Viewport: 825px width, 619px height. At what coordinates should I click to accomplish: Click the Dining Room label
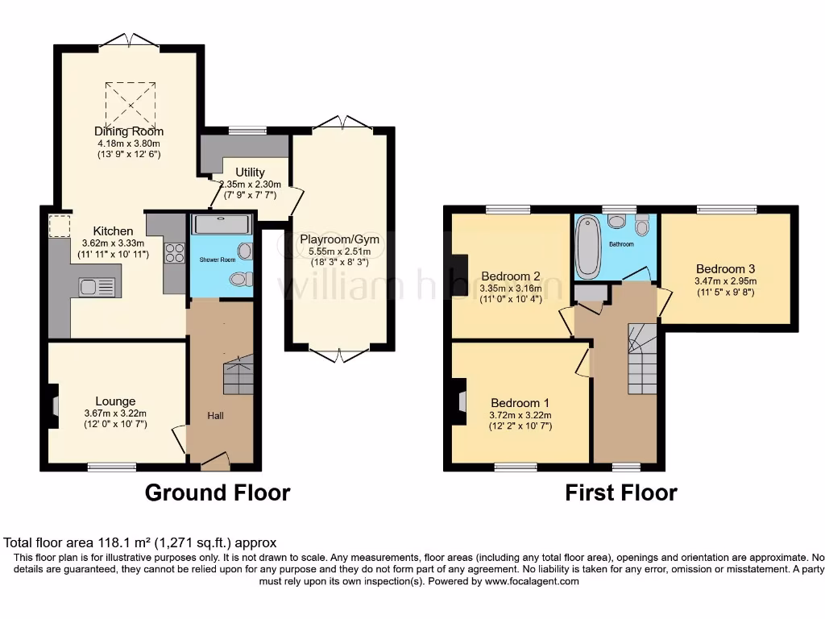pyautogui.click(x=129, y=131)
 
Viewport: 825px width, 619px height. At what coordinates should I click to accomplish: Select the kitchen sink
pyautogui.click(x=97, y=285)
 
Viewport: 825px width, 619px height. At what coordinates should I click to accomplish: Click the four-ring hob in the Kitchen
pyautogui.click(x=175, y=252)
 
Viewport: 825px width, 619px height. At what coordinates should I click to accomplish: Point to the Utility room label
pyautogui.click(x=250, y=172)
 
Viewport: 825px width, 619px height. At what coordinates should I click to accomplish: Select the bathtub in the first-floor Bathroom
pyautogui.click(x=588, y=245)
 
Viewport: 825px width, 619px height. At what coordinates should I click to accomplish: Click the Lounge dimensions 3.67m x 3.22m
pyautogui.click(x=116, y=413)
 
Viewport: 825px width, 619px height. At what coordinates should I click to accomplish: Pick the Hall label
pyautogui.click(x=216, y=416)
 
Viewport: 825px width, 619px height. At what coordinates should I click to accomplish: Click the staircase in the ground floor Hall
pyautogui.click(x=238, y=375)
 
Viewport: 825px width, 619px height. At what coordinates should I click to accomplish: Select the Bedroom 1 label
pyautogui.click(x=520, y=403)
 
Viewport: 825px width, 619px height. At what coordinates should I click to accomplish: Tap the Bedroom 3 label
pyautogui.click(x=726, y=268)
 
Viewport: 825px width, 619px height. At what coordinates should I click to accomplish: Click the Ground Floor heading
pyautogui.click(x=218, y=492)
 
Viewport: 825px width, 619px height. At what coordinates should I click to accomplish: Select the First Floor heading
pyautogui.click(x=620, y=492)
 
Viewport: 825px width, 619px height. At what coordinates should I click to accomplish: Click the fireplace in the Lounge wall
pyautogui.click(x=53, y=403)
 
